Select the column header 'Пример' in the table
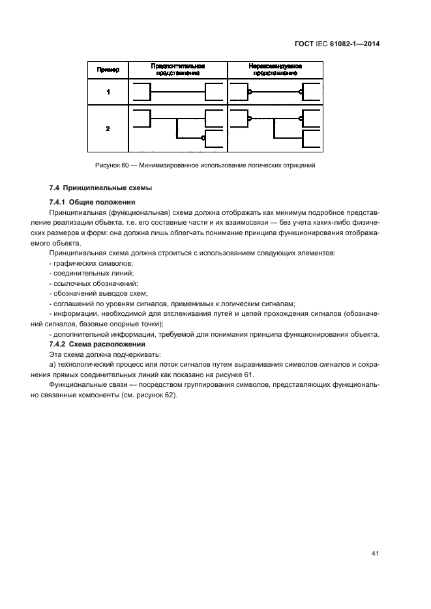click(108, 70)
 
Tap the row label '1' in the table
click(108, 92)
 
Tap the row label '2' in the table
click(108, 128)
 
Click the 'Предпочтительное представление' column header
click(178, 70)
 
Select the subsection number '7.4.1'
click(57, 201)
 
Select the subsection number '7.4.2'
click(57, 343)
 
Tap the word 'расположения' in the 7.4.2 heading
click(121, 343)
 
